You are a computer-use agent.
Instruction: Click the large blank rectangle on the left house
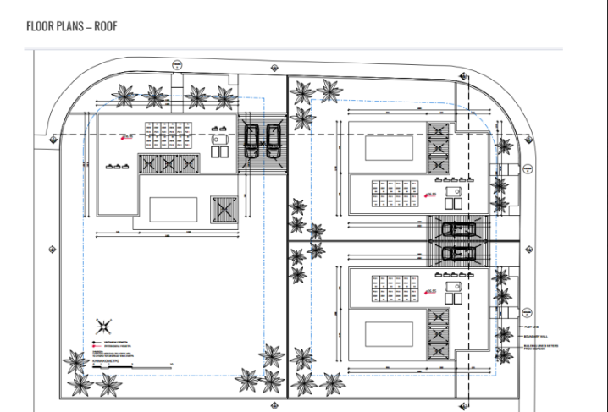174,208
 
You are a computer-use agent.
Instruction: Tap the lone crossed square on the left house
224,206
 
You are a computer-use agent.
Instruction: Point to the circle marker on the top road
175,64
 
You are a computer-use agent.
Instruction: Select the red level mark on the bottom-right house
431,290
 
